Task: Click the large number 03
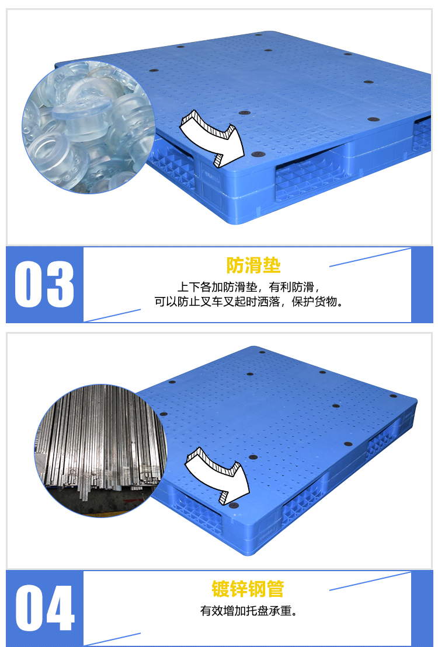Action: pos(44,284)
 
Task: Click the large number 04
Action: pos(45,608)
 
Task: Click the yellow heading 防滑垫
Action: pos(253,265)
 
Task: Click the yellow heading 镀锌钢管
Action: pos(248,589)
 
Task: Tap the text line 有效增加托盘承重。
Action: pos(249,611)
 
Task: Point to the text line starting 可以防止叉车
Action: pos(249,302)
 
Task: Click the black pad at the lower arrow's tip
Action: pos(234,505)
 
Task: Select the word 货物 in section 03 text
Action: pos(326,302)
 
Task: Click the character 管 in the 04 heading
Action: pos(276,589)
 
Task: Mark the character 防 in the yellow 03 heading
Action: pos(235,265)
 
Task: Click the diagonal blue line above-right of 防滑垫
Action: pos(370,257)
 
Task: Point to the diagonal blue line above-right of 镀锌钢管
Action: pos(370,582)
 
